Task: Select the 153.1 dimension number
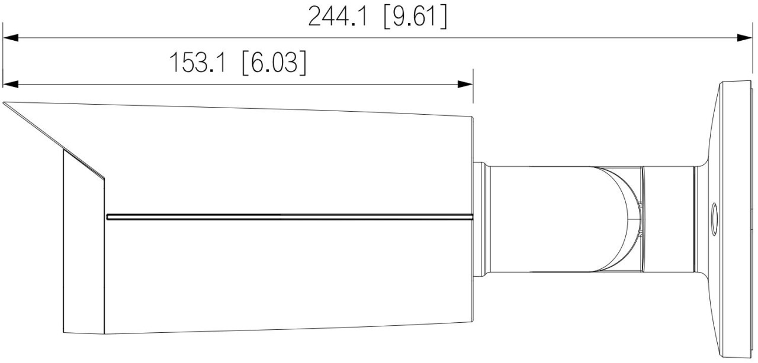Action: (197, 63)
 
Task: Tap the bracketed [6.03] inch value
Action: (274, 63)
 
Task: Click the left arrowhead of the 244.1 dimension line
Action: (11, 37)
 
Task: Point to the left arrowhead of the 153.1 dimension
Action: (11, 84)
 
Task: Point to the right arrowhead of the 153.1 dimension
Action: (465, 84)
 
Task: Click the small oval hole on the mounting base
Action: (714, 219)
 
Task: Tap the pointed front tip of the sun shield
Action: (4, 102)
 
